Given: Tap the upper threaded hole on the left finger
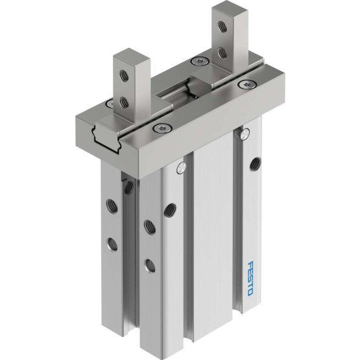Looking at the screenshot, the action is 124,76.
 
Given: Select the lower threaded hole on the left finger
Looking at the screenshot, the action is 124,102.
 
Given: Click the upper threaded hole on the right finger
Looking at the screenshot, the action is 222,26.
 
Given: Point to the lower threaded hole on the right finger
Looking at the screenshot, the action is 222,53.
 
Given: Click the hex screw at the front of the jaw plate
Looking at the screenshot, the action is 163,127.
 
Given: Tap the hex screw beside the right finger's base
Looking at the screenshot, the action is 248,84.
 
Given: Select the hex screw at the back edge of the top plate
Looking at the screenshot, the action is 200,61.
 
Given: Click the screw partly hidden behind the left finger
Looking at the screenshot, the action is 109,103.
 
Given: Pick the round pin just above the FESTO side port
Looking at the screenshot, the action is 245,134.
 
